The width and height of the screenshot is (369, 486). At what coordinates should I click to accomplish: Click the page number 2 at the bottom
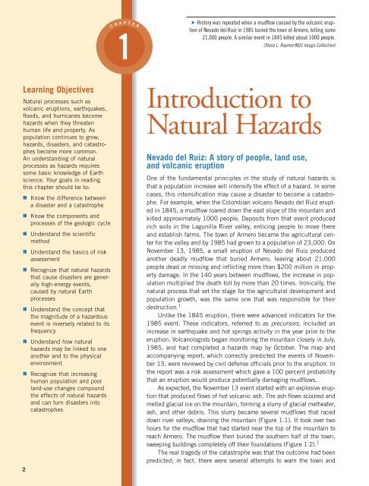pyautogui.click(x=6, y=468)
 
